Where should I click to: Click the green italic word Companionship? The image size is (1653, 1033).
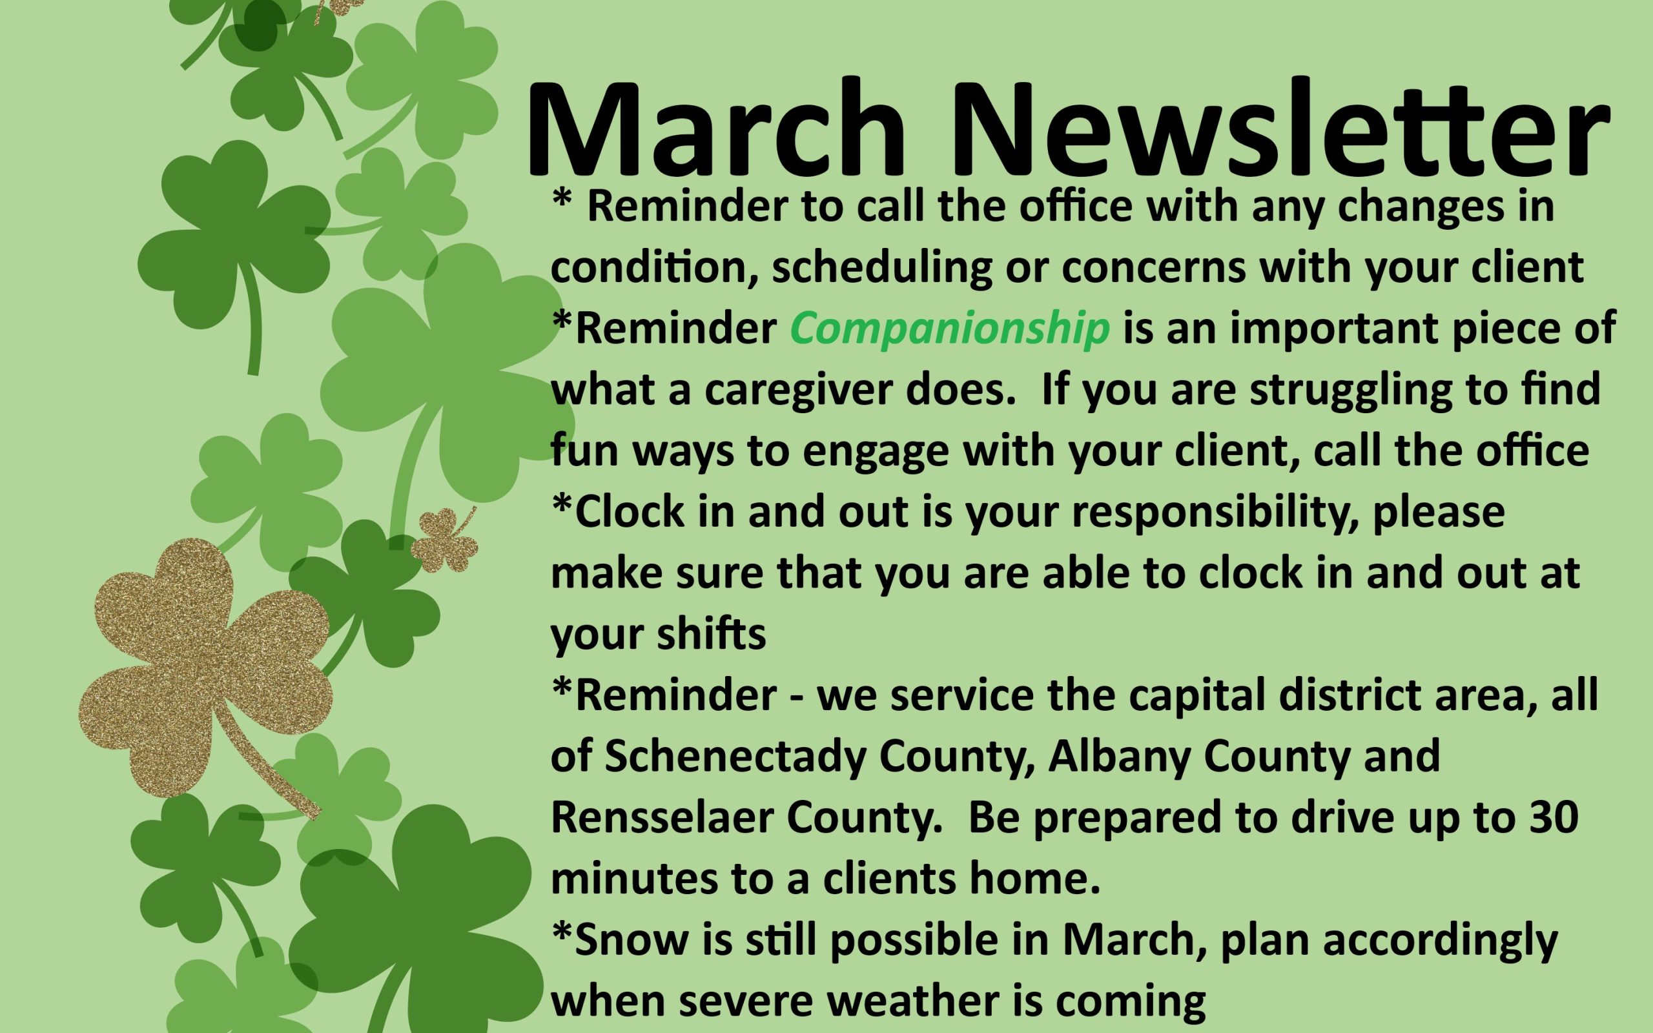(949, 330)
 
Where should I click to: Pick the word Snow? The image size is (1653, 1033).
(632, 939)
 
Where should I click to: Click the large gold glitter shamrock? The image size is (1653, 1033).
(205, 677)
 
